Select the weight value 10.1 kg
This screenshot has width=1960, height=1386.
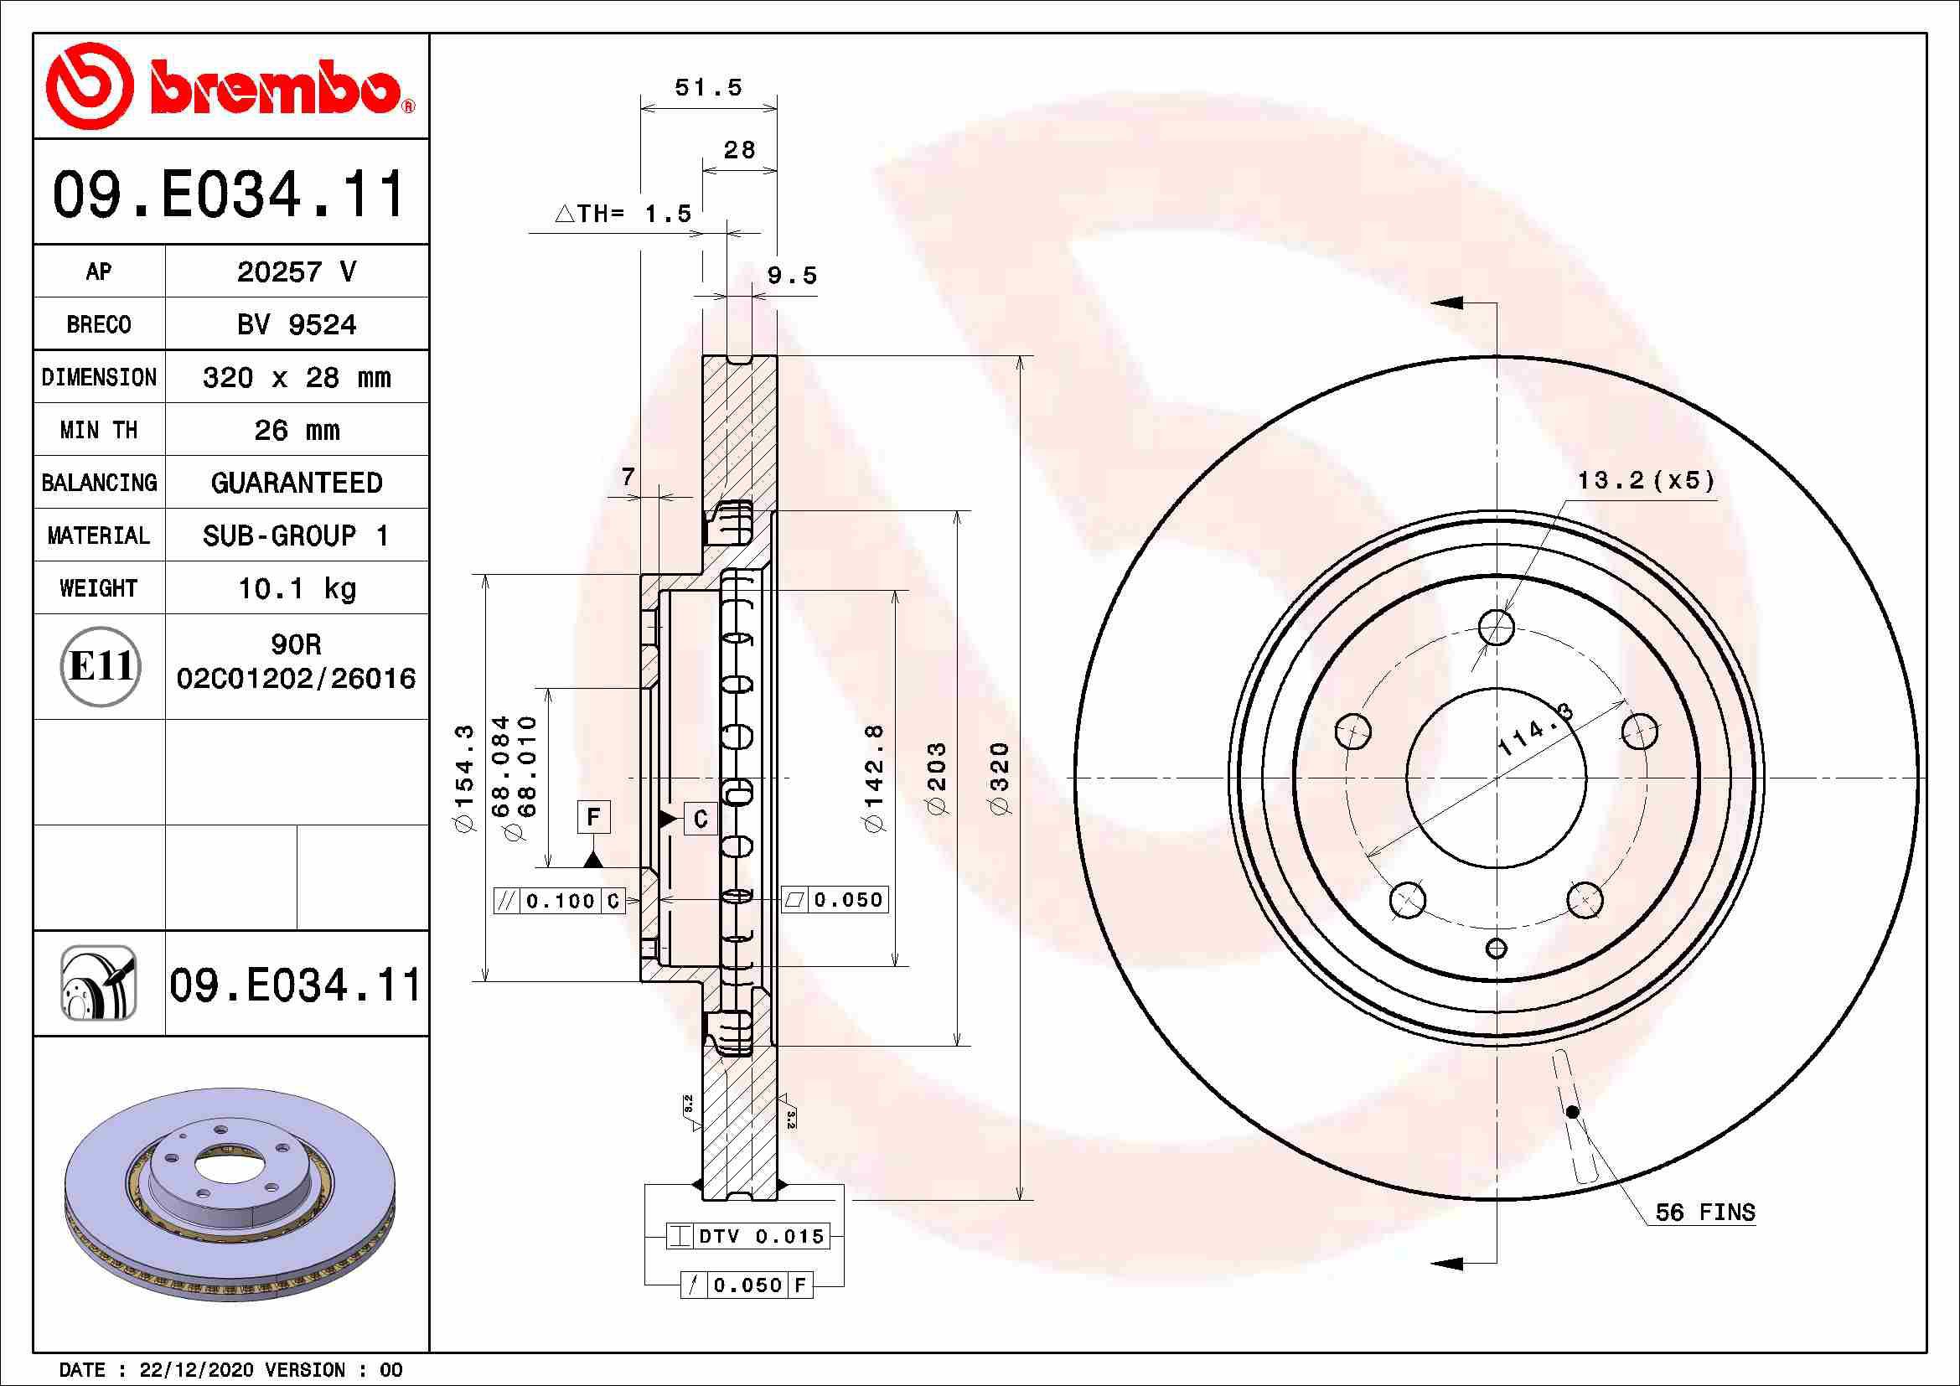coord(296,588)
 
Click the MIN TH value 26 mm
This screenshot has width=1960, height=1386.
coord(296,430)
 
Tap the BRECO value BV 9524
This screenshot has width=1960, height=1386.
coord(296,325)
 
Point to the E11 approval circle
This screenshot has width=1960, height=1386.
coord(100,666)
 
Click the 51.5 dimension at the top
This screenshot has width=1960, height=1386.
coord(708,88)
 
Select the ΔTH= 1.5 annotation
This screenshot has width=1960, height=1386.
coord(623,214)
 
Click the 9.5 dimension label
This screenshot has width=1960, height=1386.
coord(791,276)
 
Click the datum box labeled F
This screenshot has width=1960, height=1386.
coord(593,818)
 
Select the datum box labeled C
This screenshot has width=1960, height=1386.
coord(701,820)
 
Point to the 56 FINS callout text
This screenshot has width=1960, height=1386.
coord(1704,1212)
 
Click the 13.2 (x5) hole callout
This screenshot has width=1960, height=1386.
coord(1644,480)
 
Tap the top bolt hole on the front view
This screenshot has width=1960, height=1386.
coord(1497,628)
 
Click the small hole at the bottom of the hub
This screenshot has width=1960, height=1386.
coord(1497,949)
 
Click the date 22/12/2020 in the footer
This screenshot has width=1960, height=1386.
coord(196,1370)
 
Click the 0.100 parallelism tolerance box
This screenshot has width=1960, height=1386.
coord(560,900)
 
